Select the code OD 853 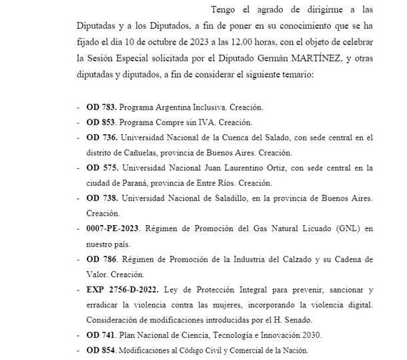point(100,122)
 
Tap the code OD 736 point(101,138)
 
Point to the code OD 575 point(101,168)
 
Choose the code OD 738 point(101,199)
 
